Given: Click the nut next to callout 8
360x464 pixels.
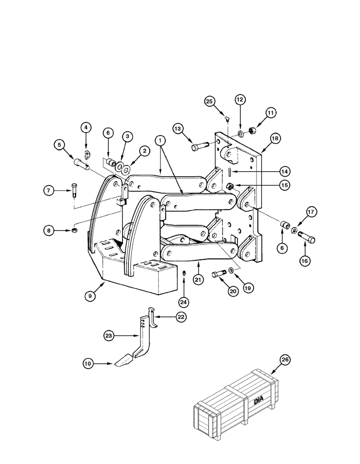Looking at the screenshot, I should (x=75, y=231).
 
